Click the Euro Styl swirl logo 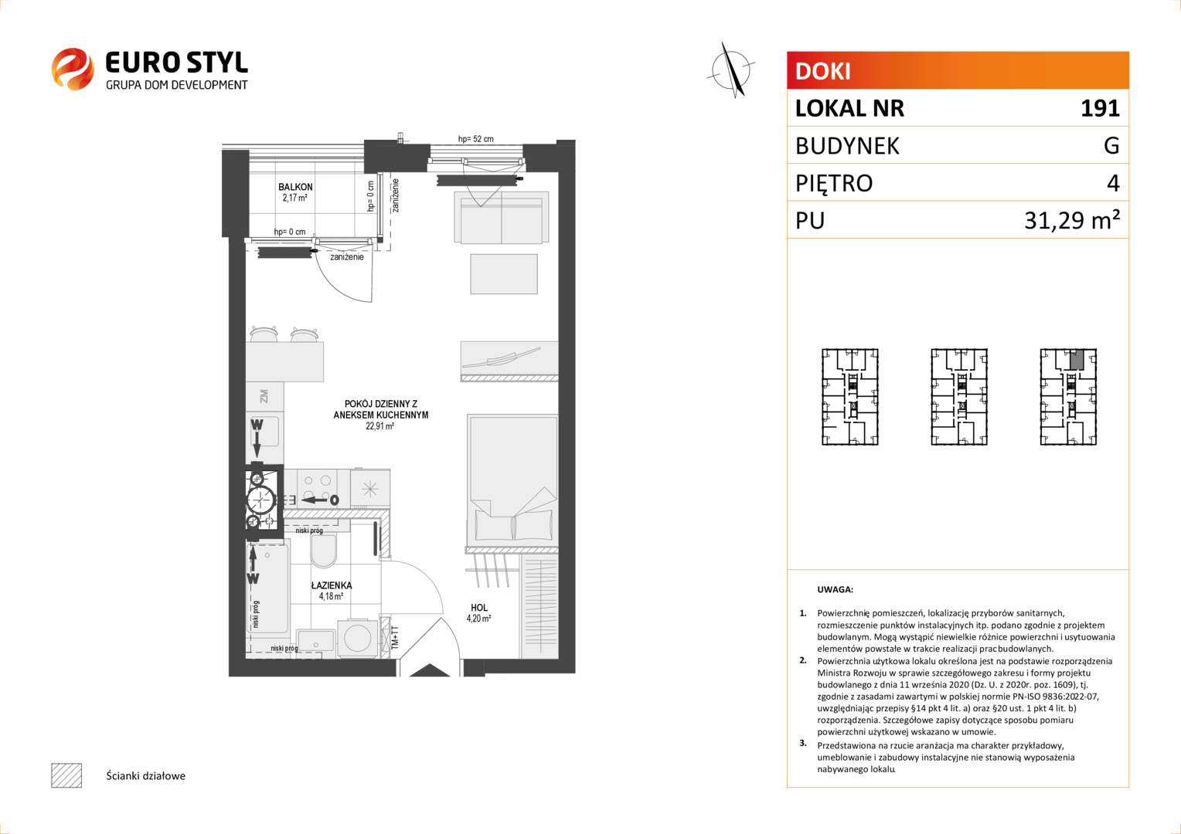[x=73, y=69]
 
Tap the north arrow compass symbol [x=731, y=70]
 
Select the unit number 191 [x=1100, y=108]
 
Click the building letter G [x=1111, y=145]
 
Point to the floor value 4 [x=1113, y=183]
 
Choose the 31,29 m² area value [x=1072, y=219]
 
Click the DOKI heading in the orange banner [x=822, y=71]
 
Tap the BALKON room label [x=295, y=187]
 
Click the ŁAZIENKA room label [x=332, y=585]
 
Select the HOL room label [x=479, y=608]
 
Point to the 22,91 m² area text [x=380, y=426]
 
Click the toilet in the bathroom [x=324, y=551]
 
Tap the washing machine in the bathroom [x=357, y=638]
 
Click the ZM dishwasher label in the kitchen [x=264, y=396]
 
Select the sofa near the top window [x=502, y=218]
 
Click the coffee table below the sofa [x=504, y=274]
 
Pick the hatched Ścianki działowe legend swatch [x=66, y=775]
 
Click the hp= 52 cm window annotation [x=475, y=139]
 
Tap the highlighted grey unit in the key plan [x=1077, y=359]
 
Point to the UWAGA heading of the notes [x=836, y=589]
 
